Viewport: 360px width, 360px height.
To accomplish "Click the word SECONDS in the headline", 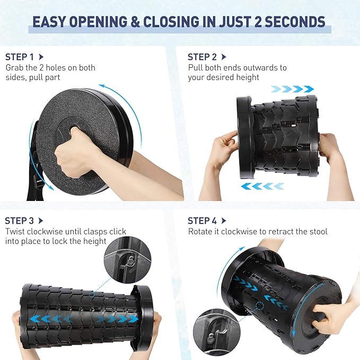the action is (295, 22).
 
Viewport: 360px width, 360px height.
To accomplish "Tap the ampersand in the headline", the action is (135, 22).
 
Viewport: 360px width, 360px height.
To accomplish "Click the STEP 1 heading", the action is (20, 57).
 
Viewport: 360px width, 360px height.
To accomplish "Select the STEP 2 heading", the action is (203, 57).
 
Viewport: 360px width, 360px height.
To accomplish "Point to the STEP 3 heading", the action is (20, 221).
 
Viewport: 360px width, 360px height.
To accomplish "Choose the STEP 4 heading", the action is (203, 221).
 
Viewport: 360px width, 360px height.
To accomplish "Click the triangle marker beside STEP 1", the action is (41, 57).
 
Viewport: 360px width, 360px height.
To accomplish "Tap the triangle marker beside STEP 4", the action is (224, 221).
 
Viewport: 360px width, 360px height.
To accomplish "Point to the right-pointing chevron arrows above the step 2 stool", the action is (292, 89).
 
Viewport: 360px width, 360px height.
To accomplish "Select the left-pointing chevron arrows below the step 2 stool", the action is (262, 186).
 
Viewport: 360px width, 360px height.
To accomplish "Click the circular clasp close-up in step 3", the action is (128, 260).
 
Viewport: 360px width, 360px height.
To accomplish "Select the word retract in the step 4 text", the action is (281, 232).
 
